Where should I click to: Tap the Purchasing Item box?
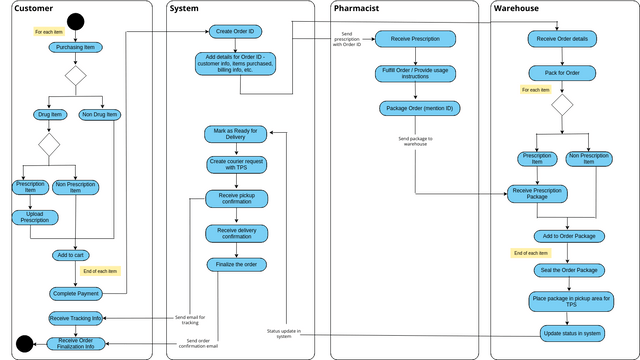point(76,47)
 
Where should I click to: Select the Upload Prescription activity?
point(35,217)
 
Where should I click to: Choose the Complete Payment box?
point(76,293)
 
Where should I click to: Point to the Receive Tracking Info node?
point(76,319)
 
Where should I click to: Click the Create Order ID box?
point(236,32)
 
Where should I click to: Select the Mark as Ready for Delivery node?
point(236,135)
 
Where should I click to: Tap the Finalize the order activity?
point(236,265)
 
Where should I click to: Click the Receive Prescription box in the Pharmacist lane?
point(415,40)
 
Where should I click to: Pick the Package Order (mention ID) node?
point(415,108)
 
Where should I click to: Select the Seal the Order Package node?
point(568,270)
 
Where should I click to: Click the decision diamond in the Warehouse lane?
point(563,105)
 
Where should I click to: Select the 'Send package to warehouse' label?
point(416,140)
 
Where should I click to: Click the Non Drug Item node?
point(99,115)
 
